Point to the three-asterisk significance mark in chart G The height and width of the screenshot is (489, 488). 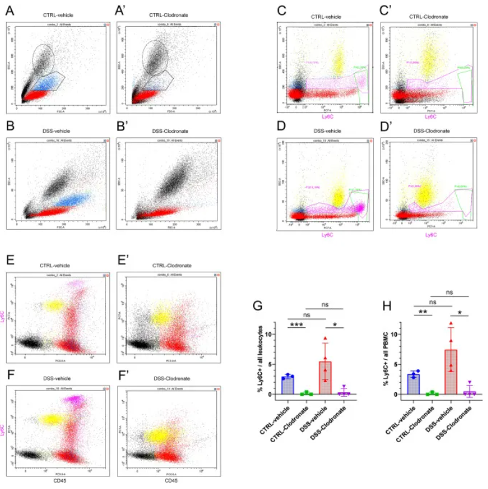pyautogui.click(x=297, y=324)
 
